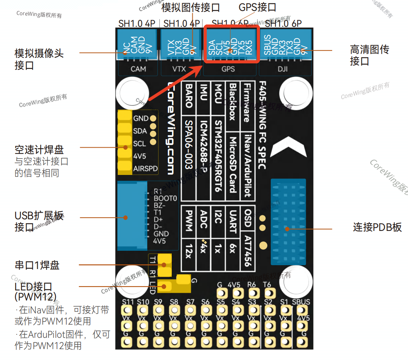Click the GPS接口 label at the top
click(x=257, y=7)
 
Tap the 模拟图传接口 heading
click(x=190, y=7)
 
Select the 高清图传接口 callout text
click(x=369, y=55)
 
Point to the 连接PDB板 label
click(x=377, y=227)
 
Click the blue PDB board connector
click(x=288, y=222)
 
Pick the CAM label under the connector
click(x=138, y=69)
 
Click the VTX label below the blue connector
click(x=179, y=69)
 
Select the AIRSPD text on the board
click(x=145, y=169)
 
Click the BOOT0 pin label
click(x=165, y=198)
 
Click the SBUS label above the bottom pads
click(x=301, y=302)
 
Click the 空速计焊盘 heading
click(x=39, y=150)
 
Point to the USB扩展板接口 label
click(x=39, y=221)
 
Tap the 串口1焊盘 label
click(x=37, y=266)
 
